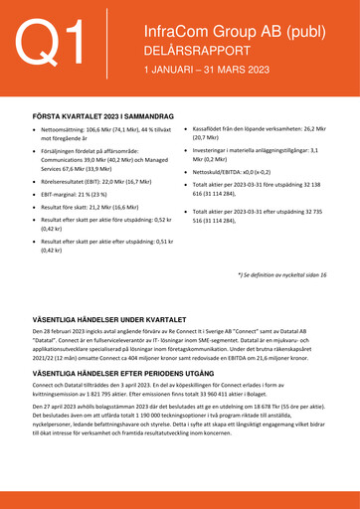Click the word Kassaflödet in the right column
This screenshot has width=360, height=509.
tap(212, 129)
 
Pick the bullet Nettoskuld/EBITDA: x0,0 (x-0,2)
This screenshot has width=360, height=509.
tap(238, 171)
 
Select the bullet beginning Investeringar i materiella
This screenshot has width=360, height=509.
tap(249, 151)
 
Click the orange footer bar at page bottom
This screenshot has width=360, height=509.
tap(180, 498)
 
